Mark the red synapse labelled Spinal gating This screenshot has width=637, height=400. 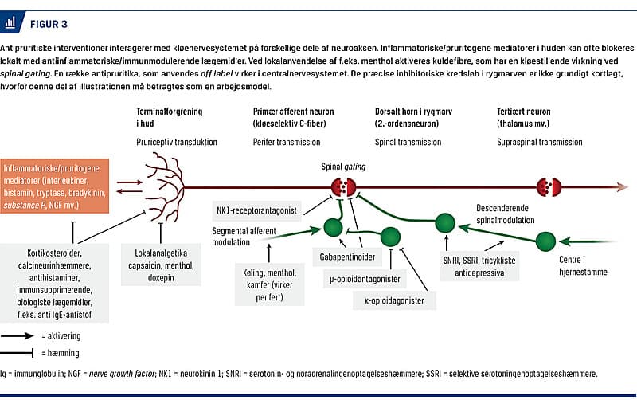tap(343, 188)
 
